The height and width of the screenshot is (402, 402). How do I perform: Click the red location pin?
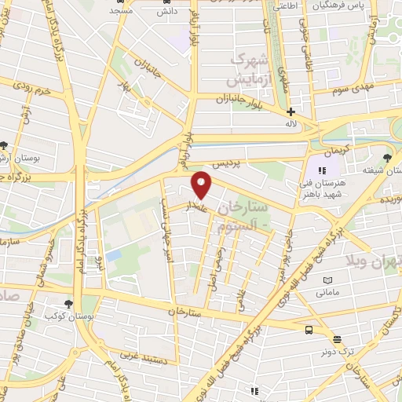click(x=202, y=185)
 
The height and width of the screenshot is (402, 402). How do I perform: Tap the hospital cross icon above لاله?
click(x=291, y=112)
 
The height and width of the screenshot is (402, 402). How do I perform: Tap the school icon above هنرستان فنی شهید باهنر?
click(x=320, y=170)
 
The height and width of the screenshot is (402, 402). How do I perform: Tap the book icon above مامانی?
click(x=327, y=280)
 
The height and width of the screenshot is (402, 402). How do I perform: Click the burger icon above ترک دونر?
click(x=337, y=339)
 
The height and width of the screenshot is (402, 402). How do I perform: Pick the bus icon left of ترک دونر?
click(x=309, y=331)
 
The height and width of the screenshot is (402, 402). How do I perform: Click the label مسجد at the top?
click(x=120, y=10)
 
